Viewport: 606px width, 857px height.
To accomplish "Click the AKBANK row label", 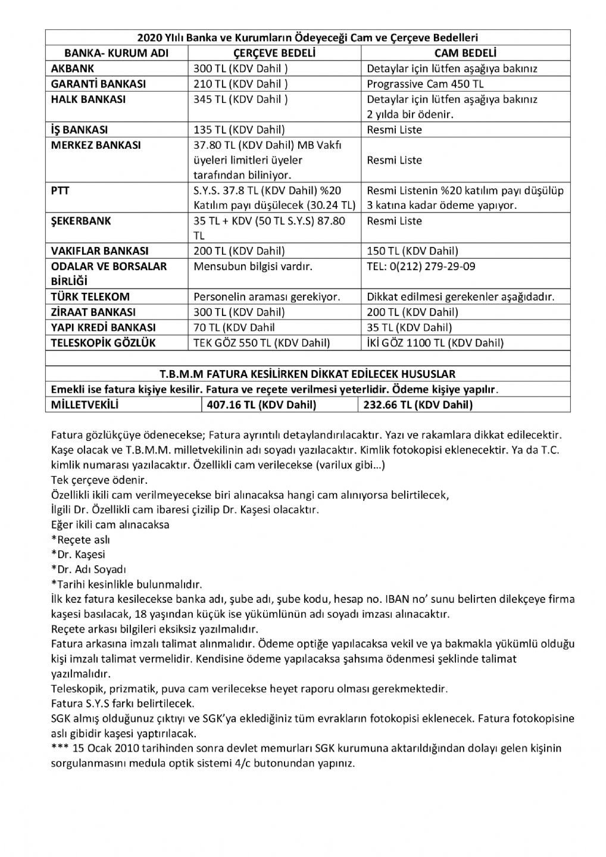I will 74,68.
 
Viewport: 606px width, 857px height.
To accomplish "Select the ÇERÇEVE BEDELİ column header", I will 274,53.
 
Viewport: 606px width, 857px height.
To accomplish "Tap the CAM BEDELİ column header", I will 466,53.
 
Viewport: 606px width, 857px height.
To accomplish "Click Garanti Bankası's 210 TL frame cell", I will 241,84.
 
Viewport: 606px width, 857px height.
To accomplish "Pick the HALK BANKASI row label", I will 88,99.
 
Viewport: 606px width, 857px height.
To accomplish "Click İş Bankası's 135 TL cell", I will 239,130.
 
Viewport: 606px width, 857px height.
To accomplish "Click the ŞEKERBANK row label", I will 81,221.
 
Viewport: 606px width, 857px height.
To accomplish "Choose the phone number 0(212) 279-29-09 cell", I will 421,267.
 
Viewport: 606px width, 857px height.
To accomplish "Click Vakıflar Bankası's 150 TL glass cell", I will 413,251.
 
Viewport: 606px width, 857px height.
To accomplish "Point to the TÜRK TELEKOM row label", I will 90,296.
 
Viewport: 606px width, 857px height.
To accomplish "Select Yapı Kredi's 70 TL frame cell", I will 235,327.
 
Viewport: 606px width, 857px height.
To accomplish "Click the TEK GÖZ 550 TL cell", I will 262,343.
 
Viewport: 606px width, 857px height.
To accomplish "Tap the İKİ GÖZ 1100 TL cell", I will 435,343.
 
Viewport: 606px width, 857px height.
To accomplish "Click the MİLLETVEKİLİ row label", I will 85,405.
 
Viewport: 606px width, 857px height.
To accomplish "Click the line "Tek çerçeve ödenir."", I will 99,480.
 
